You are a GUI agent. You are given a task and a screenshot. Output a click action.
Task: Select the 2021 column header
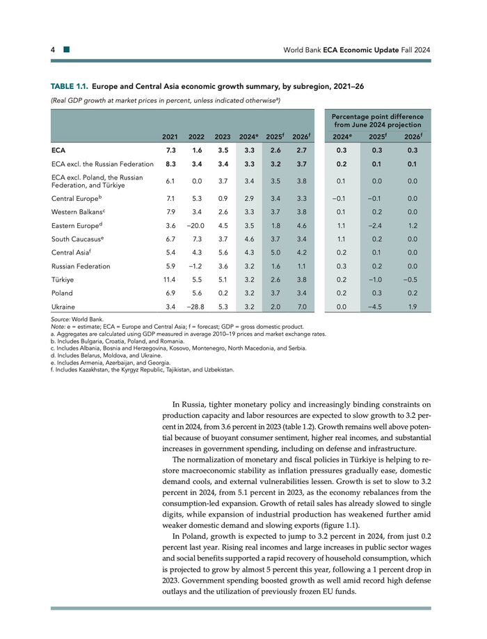(169, 136)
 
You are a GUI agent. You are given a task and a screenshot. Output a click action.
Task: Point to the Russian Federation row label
(81, 266)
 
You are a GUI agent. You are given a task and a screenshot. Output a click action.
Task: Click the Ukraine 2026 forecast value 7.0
(301, 306)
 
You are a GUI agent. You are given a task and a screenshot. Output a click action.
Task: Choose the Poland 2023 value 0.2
(223, 293)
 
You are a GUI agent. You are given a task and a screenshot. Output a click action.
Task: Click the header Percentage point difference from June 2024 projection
(377, 120)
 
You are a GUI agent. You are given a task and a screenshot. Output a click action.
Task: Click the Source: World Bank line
(72, 320)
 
